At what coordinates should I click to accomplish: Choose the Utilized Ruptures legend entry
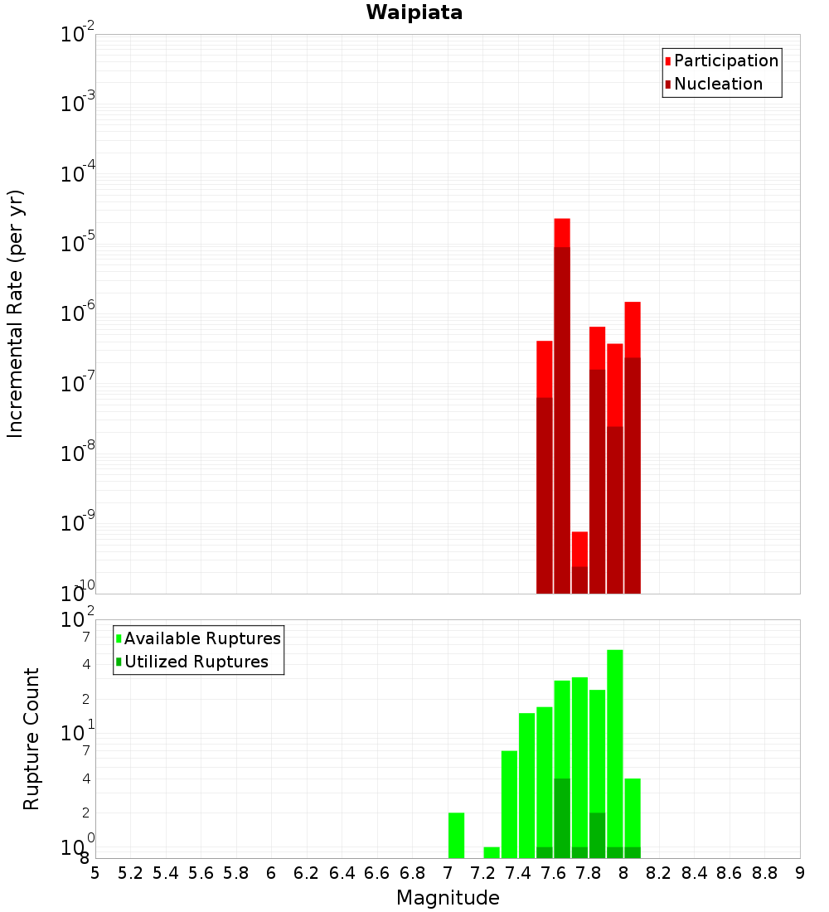coord(196,662)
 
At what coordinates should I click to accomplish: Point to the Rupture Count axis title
coord(32,739)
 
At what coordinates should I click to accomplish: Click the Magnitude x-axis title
coord(448,898)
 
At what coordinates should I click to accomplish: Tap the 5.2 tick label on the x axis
coord(130,873)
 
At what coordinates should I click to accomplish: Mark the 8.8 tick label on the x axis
coord(764,873)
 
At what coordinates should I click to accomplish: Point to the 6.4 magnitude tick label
coord(342,873)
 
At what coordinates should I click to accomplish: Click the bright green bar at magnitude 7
coord(456,835)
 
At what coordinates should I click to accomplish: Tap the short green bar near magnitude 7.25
coord(492,852)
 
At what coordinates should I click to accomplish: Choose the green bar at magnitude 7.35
coord(509,804)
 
